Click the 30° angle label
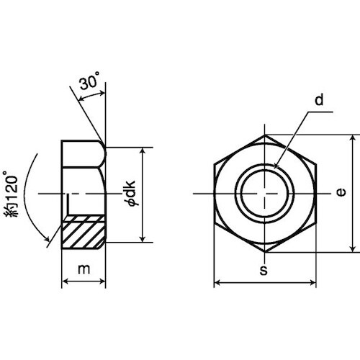89,81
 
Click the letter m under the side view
84,269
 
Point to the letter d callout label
319,100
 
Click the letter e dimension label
341,192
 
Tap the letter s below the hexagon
264,270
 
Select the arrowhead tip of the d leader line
274,168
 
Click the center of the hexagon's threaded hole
265,194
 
